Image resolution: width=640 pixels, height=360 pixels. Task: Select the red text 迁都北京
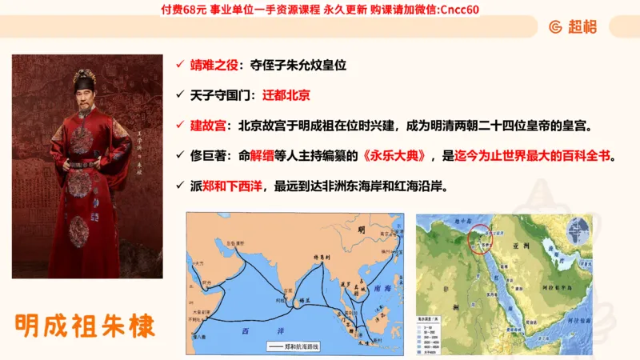[x=284, y=94]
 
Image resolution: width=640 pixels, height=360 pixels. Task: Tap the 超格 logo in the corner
[x=573, y=26]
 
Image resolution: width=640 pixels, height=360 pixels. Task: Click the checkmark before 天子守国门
[x=181, y=94]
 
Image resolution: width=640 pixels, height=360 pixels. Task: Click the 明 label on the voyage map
[x=362, y=230]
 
